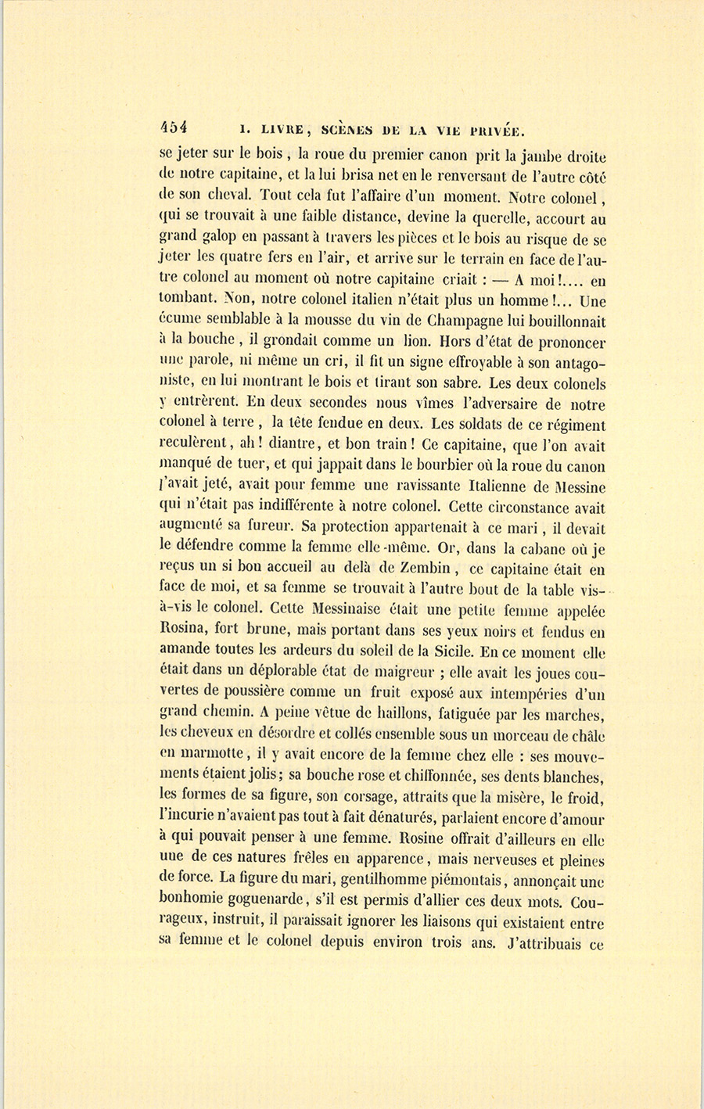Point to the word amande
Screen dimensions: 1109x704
(184, 652)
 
